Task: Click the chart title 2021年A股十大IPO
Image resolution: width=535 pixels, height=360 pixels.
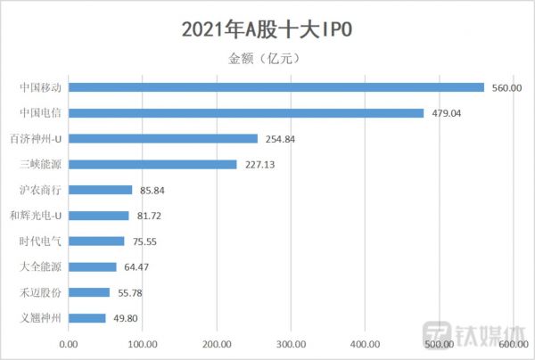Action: (267, 29)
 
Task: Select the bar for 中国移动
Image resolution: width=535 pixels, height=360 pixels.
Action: (276, 87)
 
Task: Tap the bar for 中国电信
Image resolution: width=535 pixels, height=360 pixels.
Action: (246, 113)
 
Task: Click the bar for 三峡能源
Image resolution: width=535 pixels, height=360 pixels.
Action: (152, 164)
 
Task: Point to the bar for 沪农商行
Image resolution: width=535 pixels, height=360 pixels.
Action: (101, 190)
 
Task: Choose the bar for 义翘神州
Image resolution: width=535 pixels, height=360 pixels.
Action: (87, 318)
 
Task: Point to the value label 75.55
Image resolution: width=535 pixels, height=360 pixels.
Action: (146, 241)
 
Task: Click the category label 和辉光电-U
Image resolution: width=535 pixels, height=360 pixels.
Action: (35, 216)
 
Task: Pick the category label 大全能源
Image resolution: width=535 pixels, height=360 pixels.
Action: (40, 266)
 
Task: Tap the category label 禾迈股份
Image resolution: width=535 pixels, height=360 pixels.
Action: (40, 292)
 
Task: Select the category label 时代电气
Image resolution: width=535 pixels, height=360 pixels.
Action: (40, 241)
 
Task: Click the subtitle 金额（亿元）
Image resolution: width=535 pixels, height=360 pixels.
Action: (267, 59)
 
